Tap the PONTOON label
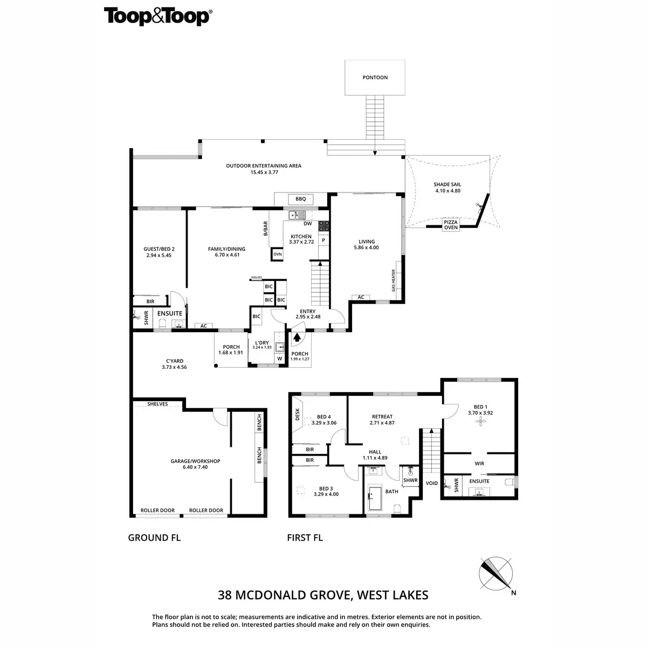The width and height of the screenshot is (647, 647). (375, 78)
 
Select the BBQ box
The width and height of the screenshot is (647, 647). (300, 199)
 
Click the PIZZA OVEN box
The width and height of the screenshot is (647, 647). (451, 225)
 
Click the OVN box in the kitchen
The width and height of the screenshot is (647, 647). (278, 254)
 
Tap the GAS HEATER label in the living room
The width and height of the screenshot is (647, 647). (394, 281)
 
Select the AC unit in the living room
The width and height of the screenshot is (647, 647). (361, 297)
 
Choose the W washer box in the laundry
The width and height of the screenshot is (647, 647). (280, 359)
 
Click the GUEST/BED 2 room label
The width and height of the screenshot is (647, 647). (159, 252)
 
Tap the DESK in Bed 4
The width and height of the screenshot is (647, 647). (297, 414)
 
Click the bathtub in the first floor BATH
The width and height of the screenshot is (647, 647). (375, 499)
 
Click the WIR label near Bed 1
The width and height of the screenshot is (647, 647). (479, 464)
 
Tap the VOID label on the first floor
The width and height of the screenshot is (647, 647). (432, 483)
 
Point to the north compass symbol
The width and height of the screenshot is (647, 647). (497, 573)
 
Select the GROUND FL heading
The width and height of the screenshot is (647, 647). (154, 538)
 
